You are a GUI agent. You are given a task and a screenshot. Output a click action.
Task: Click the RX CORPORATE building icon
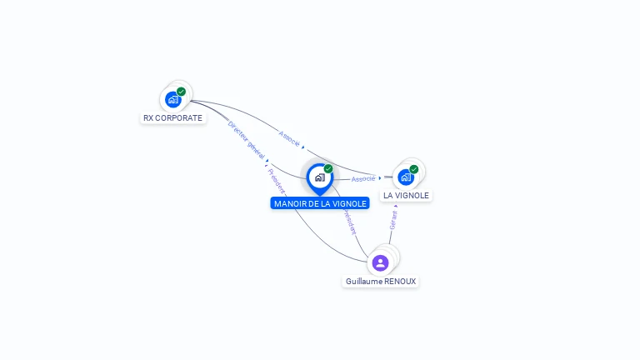click(173, 100)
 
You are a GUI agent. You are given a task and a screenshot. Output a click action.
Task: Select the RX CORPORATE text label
click(172, 118)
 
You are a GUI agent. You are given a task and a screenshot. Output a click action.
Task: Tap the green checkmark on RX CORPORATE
click(182, 92)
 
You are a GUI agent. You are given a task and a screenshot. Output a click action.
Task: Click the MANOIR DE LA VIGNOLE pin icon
click(319, 177)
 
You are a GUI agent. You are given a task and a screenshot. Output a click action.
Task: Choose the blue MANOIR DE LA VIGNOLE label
click(320, 203)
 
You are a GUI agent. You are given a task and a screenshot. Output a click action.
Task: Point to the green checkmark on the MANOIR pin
click(328, 169)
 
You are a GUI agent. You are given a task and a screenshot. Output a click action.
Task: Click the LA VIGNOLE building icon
click(406, 177)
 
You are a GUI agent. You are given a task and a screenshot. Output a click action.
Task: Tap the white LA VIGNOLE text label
click(407, 196)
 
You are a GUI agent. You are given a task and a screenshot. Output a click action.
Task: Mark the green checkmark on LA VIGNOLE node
click(414, 169)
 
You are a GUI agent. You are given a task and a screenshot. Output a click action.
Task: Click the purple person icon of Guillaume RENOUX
click(381, 262)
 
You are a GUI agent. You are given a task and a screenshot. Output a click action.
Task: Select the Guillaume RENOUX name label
click(381, 282)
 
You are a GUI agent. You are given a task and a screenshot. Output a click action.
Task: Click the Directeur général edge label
click(246, 138)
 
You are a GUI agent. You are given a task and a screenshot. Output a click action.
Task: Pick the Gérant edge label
click(393, 219)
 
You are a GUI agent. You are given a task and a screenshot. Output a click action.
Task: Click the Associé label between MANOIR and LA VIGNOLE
click(363, 179)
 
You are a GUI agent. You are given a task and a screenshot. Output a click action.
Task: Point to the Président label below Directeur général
click(277, 180)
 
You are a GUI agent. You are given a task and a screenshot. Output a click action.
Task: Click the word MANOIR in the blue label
click(291, 203)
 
